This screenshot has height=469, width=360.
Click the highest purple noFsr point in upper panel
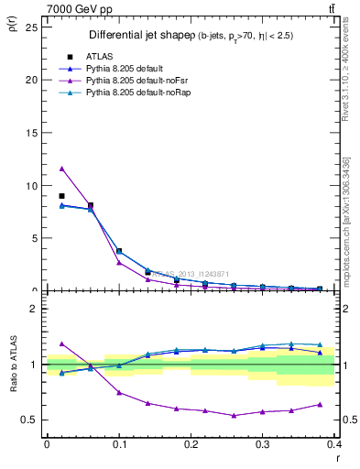coord(61,168)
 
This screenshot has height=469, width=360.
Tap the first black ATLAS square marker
coord(61,196)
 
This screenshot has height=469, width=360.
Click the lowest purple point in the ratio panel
coord(235,415)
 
